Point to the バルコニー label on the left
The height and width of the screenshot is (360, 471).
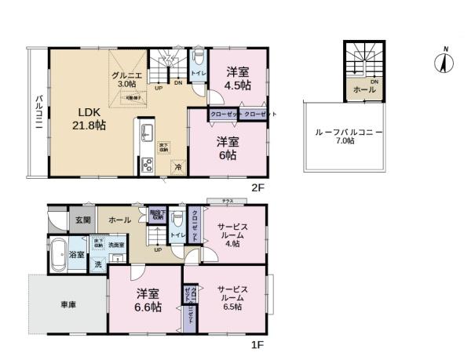tap(38, 115)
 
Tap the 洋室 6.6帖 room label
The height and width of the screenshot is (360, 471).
tap(149, 300)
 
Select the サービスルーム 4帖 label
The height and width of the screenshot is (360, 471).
tap(232, 235)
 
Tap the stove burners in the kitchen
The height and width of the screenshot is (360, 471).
tap(146, 165)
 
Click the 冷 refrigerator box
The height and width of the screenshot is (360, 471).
tap(178, 167)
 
